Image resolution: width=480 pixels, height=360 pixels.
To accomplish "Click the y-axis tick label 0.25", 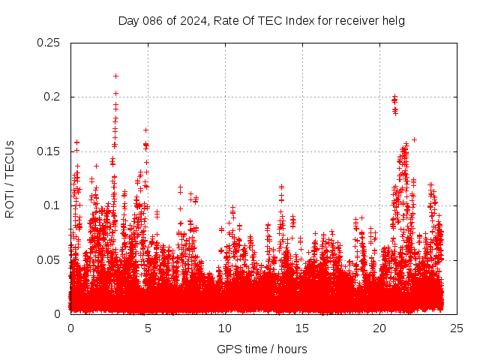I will (49, 43).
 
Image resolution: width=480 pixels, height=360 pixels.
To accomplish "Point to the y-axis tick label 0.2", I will (52, 97).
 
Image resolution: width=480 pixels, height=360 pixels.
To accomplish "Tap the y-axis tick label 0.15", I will (49, 151).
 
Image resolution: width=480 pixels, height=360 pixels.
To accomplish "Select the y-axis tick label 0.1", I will (52, 205).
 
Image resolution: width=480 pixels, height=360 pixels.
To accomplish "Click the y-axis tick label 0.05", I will (49, 259).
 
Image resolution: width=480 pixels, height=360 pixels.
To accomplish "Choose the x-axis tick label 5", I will (148, 328).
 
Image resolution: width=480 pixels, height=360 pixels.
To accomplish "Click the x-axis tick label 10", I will (225, 328).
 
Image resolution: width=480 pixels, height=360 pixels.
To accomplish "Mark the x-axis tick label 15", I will (302, 328).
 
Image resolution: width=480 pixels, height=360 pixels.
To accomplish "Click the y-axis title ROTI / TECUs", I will (10, 178).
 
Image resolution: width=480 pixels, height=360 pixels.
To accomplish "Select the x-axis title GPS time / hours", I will (262, 349).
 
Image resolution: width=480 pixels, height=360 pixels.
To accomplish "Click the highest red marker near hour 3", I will (115, 76).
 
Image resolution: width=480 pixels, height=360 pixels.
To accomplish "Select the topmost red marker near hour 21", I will (394, 97).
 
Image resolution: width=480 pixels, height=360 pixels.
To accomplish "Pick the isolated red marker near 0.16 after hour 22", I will (414, 139).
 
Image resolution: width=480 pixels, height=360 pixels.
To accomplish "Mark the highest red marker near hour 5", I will (145, 130).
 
